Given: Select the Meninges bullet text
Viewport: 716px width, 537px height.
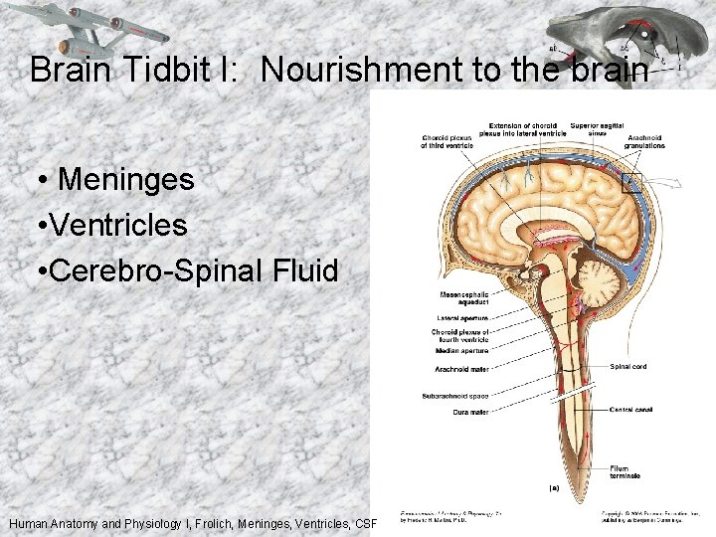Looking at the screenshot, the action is [126, 180].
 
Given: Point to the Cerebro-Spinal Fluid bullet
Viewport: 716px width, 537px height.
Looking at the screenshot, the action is [186, 269].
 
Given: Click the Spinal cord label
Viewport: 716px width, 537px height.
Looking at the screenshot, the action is [627, 366].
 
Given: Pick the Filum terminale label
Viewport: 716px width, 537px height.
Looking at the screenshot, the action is [626, 471].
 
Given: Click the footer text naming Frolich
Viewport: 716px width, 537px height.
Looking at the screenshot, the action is [189, 523].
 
